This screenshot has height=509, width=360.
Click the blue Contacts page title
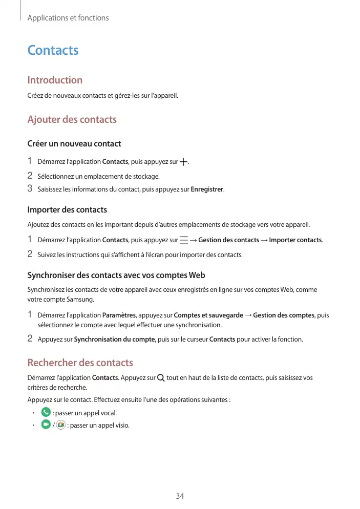click(53, 50)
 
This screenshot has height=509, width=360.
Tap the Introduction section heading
click(54, 80)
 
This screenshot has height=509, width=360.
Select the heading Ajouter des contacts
click(72, 119)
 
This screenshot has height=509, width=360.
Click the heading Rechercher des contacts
click(80, 363)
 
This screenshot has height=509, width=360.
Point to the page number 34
click(180, 496)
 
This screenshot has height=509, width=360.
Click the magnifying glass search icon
click(161, 378)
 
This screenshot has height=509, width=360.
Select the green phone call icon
click(46, 412)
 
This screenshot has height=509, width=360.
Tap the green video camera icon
click(46, 425)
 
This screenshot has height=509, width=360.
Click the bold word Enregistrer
click(207, 189)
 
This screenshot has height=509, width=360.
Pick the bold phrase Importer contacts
click(295, 240)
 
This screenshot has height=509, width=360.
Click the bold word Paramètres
click(119, 315)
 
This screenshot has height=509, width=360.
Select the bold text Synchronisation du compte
click(114, 338)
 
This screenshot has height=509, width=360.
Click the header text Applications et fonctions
click(68, 18)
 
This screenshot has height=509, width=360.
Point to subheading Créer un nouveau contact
click(74, 143)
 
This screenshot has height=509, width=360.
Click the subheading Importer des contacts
click(67, 209)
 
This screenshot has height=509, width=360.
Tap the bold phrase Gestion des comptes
click(284, 315)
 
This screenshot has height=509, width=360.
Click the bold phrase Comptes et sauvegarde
click(208, 315)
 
